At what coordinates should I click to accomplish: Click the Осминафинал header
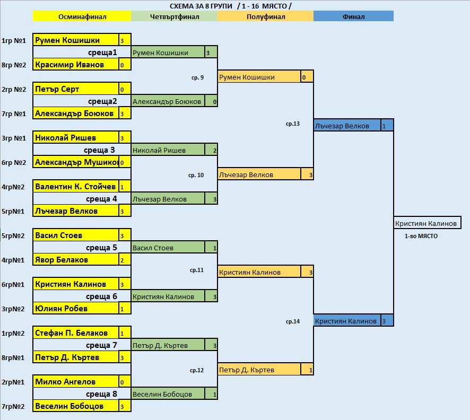[82, 16]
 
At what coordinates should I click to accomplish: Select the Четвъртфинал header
[174, 16]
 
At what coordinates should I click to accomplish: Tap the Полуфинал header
[266, 16]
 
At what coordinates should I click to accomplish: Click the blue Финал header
[353, 16]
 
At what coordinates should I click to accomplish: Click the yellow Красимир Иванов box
[76, 64]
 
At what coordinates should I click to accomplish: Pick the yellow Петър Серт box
[76, 89]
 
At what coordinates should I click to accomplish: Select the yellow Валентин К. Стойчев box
[76, 186]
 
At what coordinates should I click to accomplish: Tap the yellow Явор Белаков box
[76, 259]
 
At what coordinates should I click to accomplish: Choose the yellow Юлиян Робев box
[76, 308]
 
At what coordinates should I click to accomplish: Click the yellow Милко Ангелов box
[76, 381]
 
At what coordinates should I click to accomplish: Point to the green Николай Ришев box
[168, 150]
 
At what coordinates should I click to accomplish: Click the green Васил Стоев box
[168, 248]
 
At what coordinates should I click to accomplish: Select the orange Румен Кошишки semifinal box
[259, 77]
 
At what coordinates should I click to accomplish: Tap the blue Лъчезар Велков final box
[347, 126]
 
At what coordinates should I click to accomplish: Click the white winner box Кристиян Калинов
[427, 223]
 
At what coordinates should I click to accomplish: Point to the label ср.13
[292, 124]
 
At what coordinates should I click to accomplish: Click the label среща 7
[101, 345]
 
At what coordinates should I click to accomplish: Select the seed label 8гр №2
[14, 65]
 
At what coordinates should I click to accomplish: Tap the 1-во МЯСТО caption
[421, 236]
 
